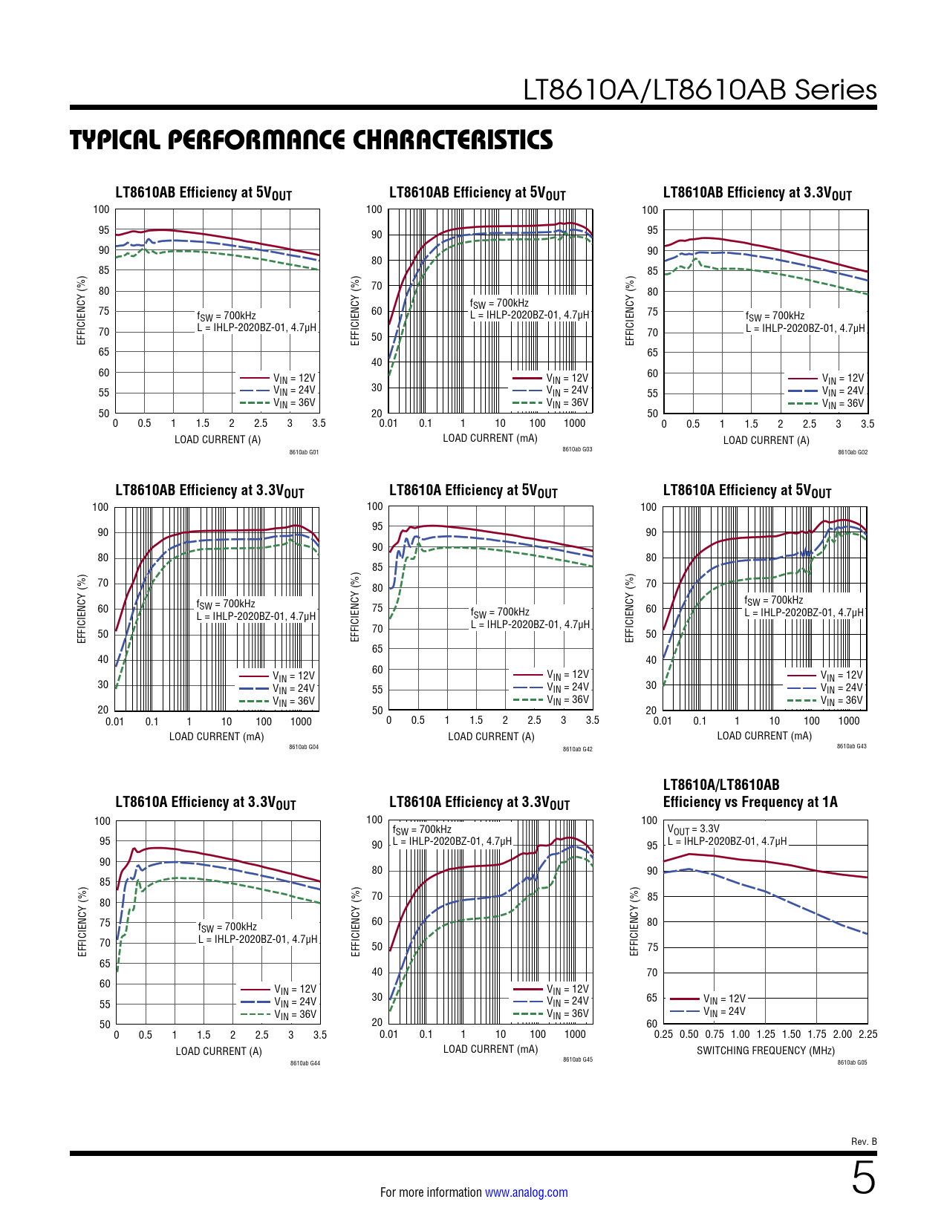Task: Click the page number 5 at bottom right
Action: pyautogui.click(x=863, y=1178)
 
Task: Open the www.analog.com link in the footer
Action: pyautogui.click(x=526, y=1192)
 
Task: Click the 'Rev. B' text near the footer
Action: pyautogui.click(x=864, y=1141)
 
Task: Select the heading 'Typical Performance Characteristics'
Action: pyautogui.click(x=311, y=140)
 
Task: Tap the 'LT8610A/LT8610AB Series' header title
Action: pyautogui.click(x=700, y=90)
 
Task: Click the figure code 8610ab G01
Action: pyautogui.click(x=304, y=452)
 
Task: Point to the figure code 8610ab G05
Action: pyautogui.click(x=852, y=1062)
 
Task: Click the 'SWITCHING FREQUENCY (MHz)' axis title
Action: pyautogui.click(x=765, y=1051)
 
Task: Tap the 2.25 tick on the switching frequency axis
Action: pyautogui.click(x=868, y=1034)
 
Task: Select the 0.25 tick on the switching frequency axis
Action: pyautogui.click(x=663, y=1034)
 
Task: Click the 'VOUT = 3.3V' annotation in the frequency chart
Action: pyautogui.click(x=693, y=829)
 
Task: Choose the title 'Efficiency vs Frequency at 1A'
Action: pyautogui.click(x=750, y=802)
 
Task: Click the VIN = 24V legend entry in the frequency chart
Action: pyautogui.click(x=724, y=1011)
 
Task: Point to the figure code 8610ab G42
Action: pyautogui.click(x=577, y=749)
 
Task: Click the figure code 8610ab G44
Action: pyautogui.click(x=305, y=1063)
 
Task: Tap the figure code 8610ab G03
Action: pyautogui.click(x=577, y=449)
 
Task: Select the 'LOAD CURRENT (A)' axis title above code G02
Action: pyautogui.click(x=766, y=440)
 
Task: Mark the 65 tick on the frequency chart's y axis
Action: pyautogui.click(x=651, y=998)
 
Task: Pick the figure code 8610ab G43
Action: pyautogui.click(x=851, y=746)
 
